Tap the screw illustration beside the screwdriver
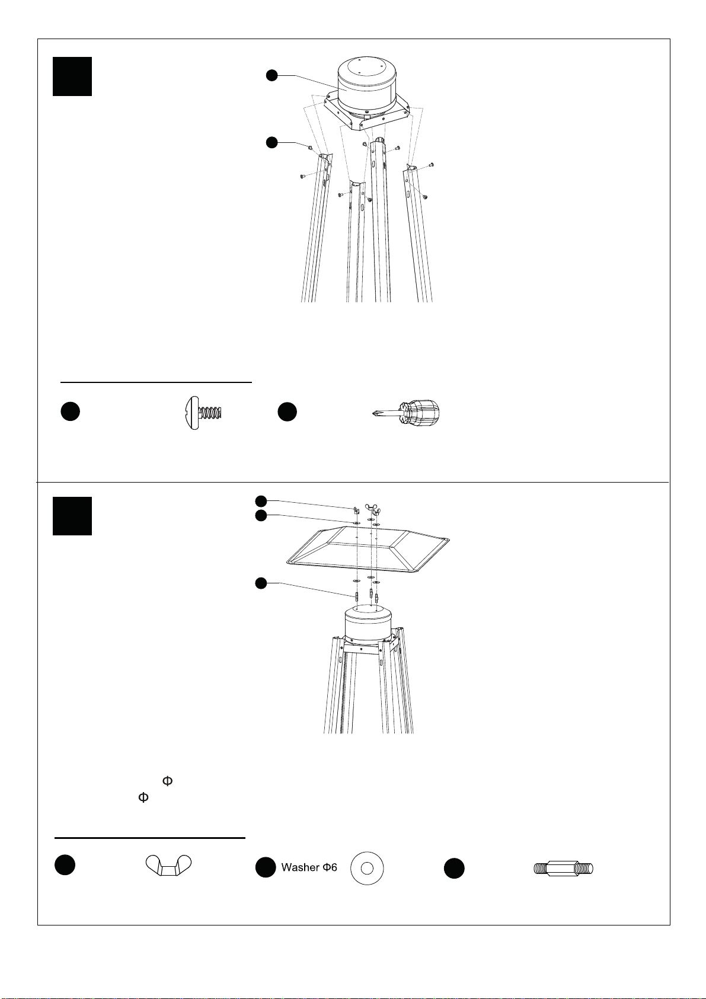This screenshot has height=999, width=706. click(x=203, y=413)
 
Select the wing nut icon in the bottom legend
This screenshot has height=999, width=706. click(x=168, y=866)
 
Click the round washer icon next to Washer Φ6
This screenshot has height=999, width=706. click(x=366, y=868)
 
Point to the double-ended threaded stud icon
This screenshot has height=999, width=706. click(x=563, y=869)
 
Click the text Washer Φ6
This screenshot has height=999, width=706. click(x=309, y=867)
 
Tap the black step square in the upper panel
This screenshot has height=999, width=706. click(x=72, y=76)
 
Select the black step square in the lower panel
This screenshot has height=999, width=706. click(x=72, y=516)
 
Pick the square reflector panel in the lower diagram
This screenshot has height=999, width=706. click(x=368, y=549)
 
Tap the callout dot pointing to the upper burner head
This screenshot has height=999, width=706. click(x=271, y=75)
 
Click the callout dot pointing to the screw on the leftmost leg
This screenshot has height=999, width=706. click(x=271, y=142)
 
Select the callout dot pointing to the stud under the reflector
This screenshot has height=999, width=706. click(x=260, y=583)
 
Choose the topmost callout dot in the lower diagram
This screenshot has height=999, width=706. click(x=260, y=501)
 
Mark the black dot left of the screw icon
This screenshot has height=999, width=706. click(x=71, y=411)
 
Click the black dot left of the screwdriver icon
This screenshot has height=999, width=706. click(x=287, y=411)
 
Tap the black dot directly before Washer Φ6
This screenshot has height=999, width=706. click(x=266, y=867)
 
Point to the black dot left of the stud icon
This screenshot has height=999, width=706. click(x=454, y=869)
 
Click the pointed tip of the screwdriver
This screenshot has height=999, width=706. click(x=372, y=414)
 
